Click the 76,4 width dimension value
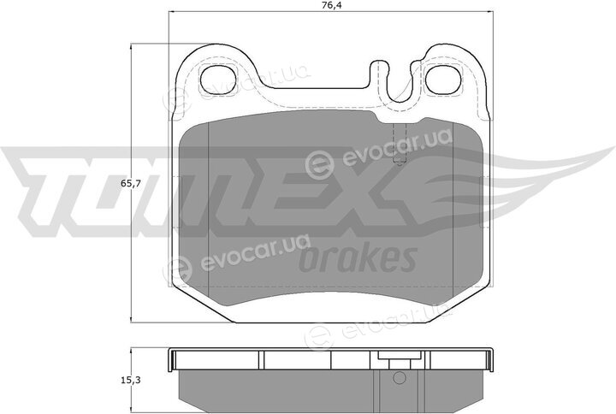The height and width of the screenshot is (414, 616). [330, 5]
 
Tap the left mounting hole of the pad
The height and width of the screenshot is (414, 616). [217, 80]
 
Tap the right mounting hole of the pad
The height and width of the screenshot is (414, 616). [443, 80]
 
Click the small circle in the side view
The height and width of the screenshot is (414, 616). [399, 378]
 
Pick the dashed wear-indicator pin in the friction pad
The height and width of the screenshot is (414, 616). [400, 144]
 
